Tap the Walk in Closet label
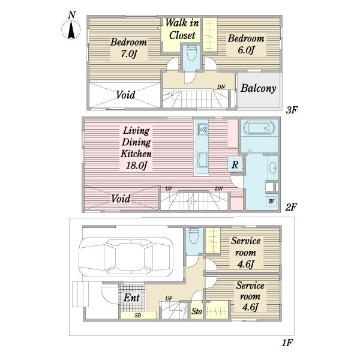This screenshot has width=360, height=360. [182, 29]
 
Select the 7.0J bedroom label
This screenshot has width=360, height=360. [128, 48]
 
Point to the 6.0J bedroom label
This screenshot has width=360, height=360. [246, 44]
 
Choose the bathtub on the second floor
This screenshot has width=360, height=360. [259, 128]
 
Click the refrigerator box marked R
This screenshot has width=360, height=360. [235, 164]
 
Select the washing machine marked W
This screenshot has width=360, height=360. [272, 202]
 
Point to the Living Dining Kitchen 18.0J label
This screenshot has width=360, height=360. [136, 148]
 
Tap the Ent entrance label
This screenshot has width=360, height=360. [131, 298]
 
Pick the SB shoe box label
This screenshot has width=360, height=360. [138, 316]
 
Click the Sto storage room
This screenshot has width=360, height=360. [197, 311]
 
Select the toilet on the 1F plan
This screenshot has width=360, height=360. [193, 236]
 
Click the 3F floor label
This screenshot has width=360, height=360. [292, 110]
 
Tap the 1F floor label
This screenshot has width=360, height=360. [287, 343]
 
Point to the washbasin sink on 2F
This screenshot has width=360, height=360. [273, 167]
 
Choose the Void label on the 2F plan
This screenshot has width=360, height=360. [121, 199]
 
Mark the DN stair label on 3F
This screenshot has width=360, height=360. [221, 87]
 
